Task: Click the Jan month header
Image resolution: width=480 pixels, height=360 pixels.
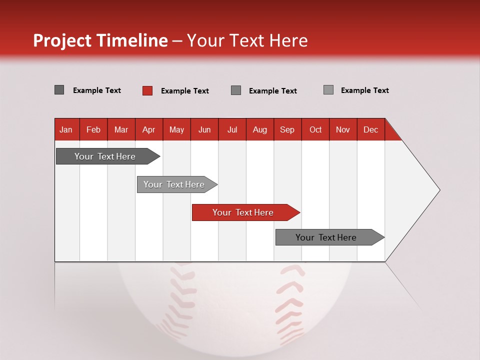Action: coord(66,129)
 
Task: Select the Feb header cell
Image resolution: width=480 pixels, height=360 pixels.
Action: coord(93,129)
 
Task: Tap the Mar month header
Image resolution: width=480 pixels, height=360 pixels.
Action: coord(121,129)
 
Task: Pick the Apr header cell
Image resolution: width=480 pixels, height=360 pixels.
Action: coord(149,129)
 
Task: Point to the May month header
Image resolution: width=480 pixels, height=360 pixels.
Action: coord(176,129)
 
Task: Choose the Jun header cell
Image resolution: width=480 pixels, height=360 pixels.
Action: coord(204,129)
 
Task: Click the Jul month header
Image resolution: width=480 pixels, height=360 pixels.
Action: coord(232,129)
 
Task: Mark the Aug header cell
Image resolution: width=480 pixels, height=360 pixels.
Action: coord(260,129)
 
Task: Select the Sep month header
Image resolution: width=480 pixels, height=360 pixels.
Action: coord(287,129)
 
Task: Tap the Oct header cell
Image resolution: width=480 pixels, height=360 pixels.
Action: coord(315,129)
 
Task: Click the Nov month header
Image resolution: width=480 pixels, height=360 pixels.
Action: coord(343,129)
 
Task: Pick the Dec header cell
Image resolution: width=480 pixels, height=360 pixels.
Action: coord(371,129)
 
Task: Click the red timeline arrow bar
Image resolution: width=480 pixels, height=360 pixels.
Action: coord(243,212)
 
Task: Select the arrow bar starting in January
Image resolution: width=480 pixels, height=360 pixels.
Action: coord(105,156)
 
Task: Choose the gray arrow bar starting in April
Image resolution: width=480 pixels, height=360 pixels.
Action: coord(174,184)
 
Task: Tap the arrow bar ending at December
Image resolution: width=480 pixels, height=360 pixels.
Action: coord(326,237)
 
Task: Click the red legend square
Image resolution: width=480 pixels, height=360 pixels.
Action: coord(147,90)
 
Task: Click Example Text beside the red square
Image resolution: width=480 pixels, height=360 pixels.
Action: coord(184,91)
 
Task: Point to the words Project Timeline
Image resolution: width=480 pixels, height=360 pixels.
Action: coord(100,40)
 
